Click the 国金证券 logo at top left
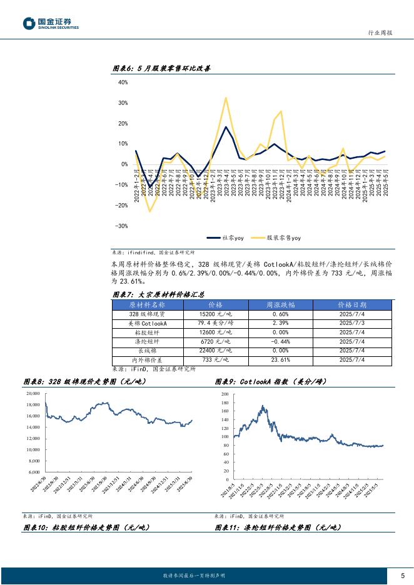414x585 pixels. coord(51,24)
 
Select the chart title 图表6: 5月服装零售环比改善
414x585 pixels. coord(161,69)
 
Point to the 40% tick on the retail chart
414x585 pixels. coord(123,82)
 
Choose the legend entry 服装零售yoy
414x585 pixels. coord(277,238)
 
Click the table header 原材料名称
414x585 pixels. coord(148,304)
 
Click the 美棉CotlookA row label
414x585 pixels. coord(148,323)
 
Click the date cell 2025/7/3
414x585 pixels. coord(353,323)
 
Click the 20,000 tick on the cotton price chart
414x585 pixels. coord(33,394)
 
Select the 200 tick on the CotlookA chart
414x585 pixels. coord(225,395)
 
